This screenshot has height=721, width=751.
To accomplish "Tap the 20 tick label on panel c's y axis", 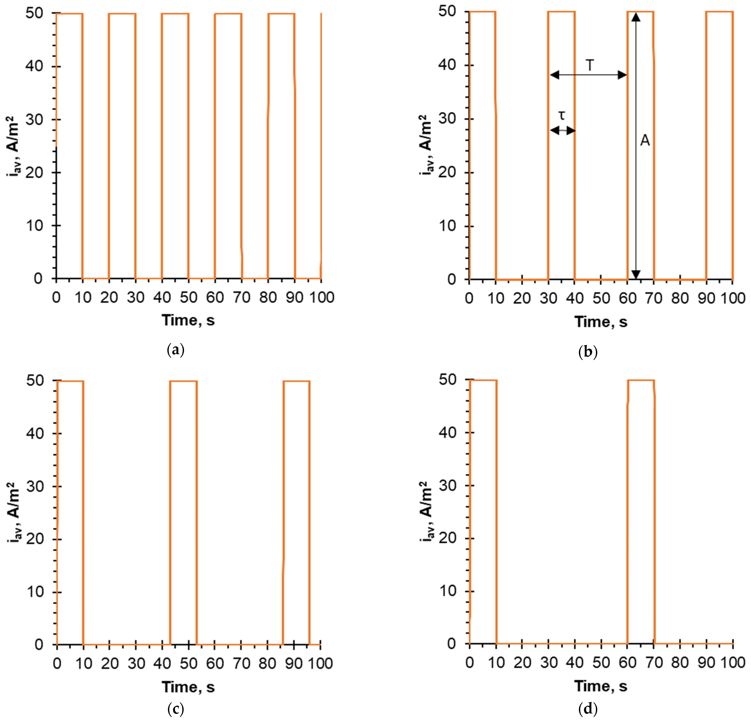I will coord(35,539).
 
